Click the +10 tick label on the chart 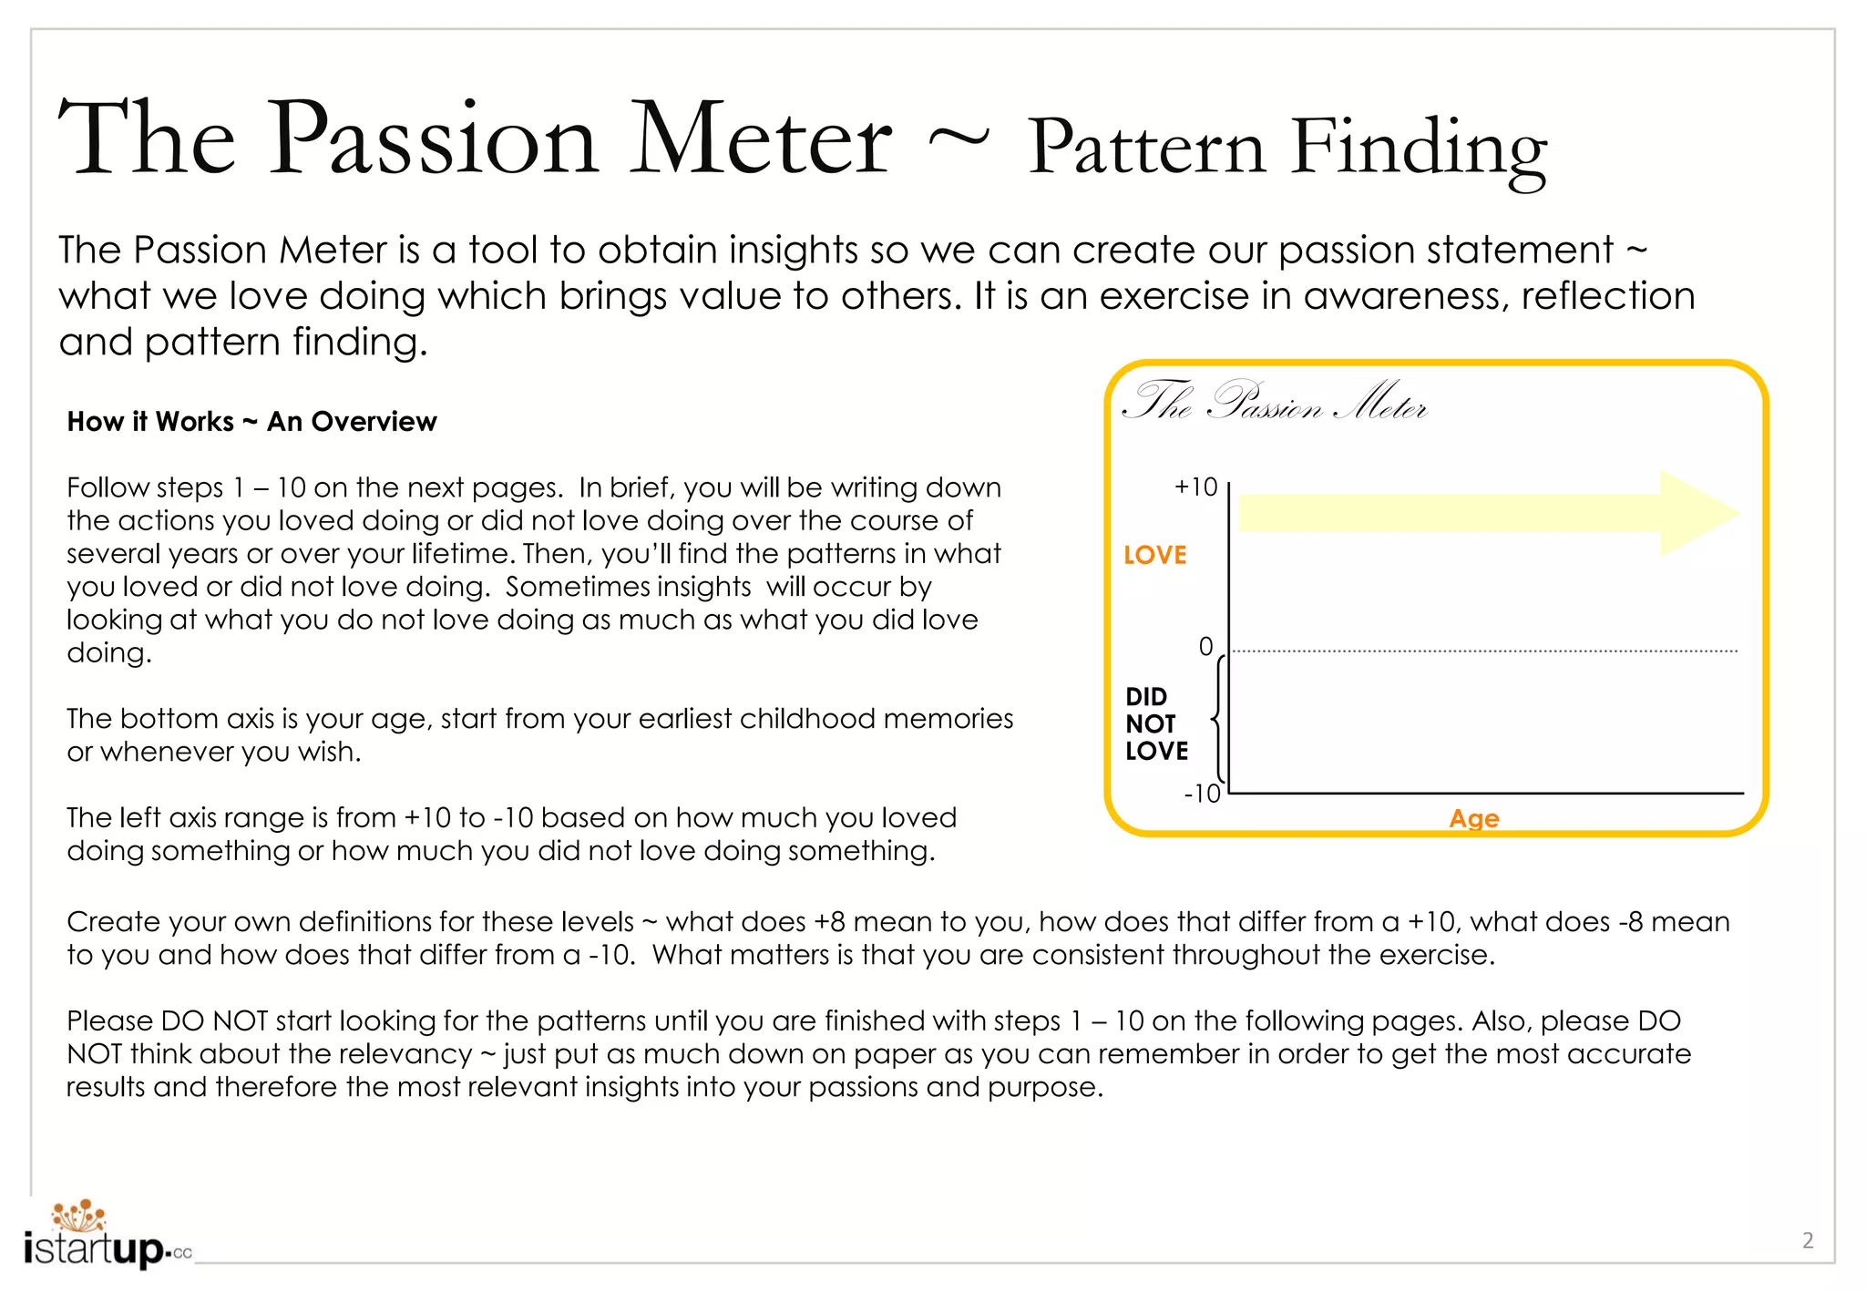coord(1195,487)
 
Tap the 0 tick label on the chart coord(1205,647)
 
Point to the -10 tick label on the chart coord(1202,794)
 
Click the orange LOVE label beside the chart coord(1154,555)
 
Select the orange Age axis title coord(1473,818)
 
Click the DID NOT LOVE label coord(1156,723)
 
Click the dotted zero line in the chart coord(1485,651)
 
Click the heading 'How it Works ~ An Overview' coord(251,422)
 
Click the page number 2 coord(1808,1240)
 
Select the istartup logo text coord(96,1247)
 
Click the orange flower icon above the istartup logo coord(79,1215)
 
